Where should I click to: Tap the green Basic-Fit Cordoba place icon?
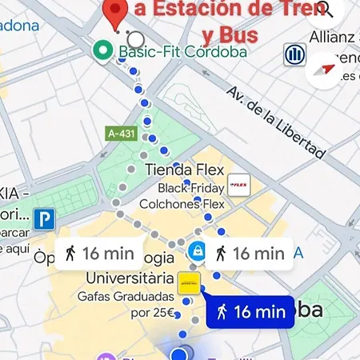[x=102, y=52]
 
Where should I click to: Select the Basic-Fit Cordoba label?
[x=182, y=52]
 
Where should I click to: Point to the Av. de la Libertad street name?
[x=277, y=122]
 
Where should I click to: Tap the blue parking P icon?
[x=44, y=218]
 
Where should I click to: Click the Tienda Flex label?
[x=180, y=170]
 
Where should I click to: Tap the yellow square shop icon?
[x=189, y=282]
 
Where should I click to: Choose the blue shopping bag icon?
[x=195, y=251]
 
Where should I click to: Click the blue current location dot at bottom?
[x=184, y=353]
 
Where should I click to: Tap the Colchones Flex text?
[x=182, y=204]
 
